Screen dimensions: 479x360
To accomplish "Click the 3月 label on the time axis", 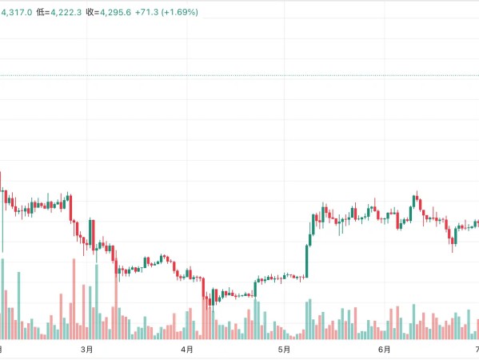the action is click(x=86, y=349).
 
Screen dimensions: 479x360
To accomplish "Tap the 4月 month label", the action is click(x=186, y=349).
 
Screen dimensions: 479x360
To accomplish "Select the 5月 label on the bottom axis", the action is click(x=284, y=349).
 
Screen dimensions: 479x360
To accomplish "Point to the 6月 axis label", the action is click(x=384, y=349).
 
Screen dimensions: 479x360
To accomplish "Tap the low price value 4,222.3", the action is click(x=66, y=12).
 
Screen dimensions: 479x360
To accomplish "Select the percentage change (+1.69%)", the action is click(x=180, y=12).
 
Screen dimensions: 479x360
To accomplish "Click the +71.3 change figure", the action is click(x=146, y=12).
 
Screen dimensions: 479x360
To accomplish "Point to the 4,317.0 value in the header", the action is click(x=16, y=12).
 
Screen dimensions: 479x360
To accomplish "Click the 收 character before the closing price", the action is click(x=90, y=12).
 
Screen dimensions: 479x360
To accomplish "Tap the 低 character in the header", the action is click(x=40, y=12).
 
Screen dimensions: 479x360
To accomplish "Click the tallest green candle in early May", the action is click(x=307, y=261).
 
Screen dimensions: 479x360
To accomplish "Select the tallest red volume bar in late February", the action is click(x=74, y=299).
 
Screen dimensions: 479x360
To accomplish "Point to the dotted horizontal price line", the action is click(x=240, y=75).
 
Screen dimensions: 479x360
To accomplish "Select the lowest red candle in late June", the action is click(x=453, y=241).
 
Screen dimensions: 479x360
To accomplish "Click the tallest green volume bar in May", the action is click(x=310, y=319).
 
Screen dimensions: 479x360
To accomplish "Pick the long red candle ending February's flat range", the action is click(x=70, y=208).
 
